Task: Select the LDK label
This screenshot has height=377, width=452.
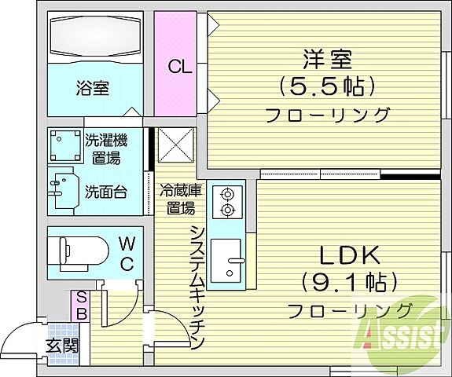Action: pos(349,255)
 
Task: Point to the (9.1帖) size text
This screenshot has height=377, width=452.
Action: pos(349,281)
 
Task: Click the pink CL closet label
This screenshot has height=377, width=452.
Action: pos(179,67)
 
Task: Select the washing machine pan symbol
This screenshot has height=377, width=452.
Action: pos(62,145)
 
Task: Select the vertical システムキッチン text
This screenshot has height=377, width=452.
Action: pos(197,287)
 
